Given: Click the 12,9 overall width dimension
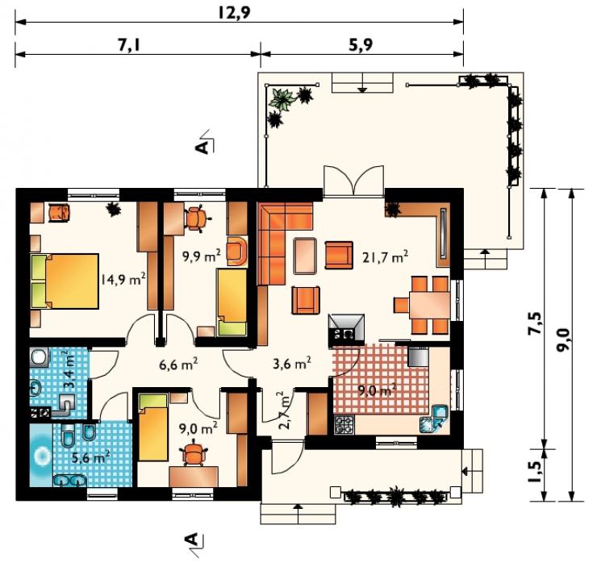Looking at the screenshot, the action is tap(234, 13).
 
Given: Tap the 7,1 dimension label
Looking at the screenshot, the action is tap(129, 45).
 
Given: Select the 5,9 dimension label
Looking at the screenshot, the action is tap(361, 45).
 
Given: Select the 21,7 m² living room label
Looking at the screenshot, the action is tap(386, 256).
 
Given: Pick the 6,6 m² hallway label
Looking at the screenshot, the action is tap(178, 365).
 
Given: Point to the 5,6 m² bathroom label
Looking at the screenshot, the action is tap(91, 457).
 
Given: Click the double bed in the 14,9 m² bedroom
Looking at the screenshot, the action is tap(65, 281).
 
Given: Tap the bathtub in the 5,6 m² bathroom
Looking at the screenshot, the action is tap(40, 455).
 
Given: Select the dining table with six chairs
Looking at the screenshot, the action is tap(422, 305).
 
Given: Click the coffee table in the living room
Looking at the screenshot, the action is tap(305, 256).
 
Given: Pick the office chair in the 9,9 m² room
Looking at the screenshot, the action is tap(197, 218).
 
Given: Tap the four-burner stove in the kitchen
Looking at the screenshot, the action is tap(344, 424).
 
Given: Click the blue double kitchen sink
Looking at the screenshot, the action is tap(434, 419).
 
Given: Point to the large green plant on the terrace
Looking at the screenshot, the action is tap(282, 99).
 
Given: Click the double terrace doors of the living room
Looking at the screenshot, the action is tap(353, 181).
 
